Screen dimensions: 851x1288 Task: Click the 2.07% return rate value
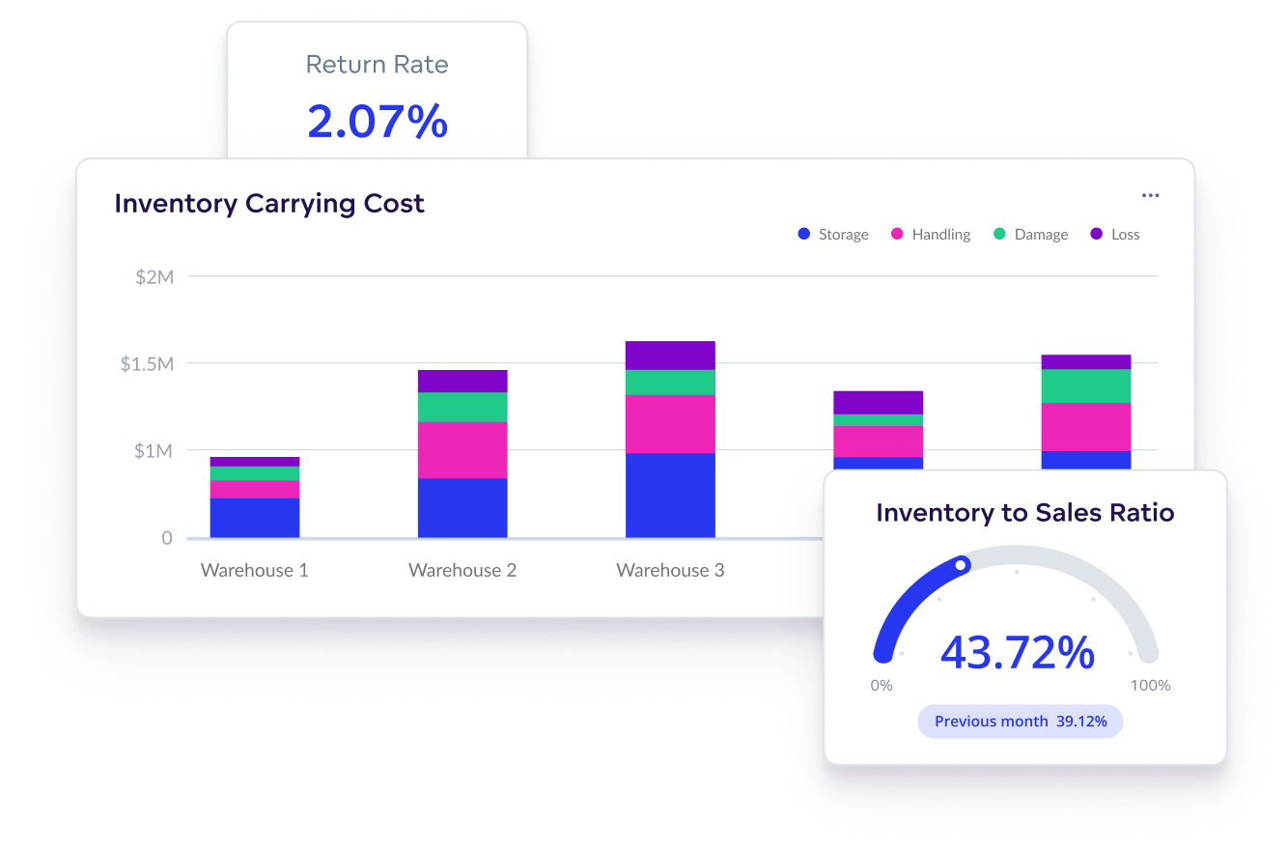378,122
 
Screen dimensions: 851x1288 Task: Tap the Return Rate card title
377,65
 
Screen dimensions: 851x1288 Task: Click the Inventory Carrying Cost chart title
269,204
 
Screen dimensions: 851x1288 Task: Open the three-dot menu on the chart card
1150,195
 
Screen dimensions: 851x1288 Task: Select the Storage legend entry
833,235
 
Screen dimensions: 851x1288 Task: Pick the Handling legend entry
931,235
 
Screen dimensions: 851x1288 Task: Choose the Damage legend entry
1030,235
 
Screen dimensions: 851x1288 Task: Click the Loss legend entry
1115,235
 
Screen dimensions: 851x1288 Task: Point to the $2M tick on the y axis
154,277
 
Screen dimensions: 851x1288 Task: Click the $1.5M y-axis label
147,364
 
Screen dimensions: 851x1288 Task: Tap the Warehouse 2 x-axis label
462,570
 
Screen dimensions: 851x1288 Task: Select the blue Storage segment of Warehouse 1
255,518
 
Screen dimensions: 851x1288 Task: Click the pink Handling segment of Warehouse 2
462,450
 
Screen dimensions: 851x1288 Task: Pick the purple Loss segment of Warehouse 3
670,355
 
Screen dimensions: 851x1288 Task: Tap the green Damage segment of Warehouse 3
670,383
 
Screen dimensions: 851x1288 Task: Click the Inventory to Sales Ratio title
1024,513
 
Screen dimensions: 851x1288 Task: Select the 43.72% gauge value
1018,653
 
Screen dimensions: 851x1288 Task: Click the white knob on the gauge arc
961,566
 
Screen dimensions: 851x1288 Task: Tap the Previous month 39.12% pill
1021,722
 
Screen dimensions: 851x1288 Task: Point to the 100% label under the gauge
1150,686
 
